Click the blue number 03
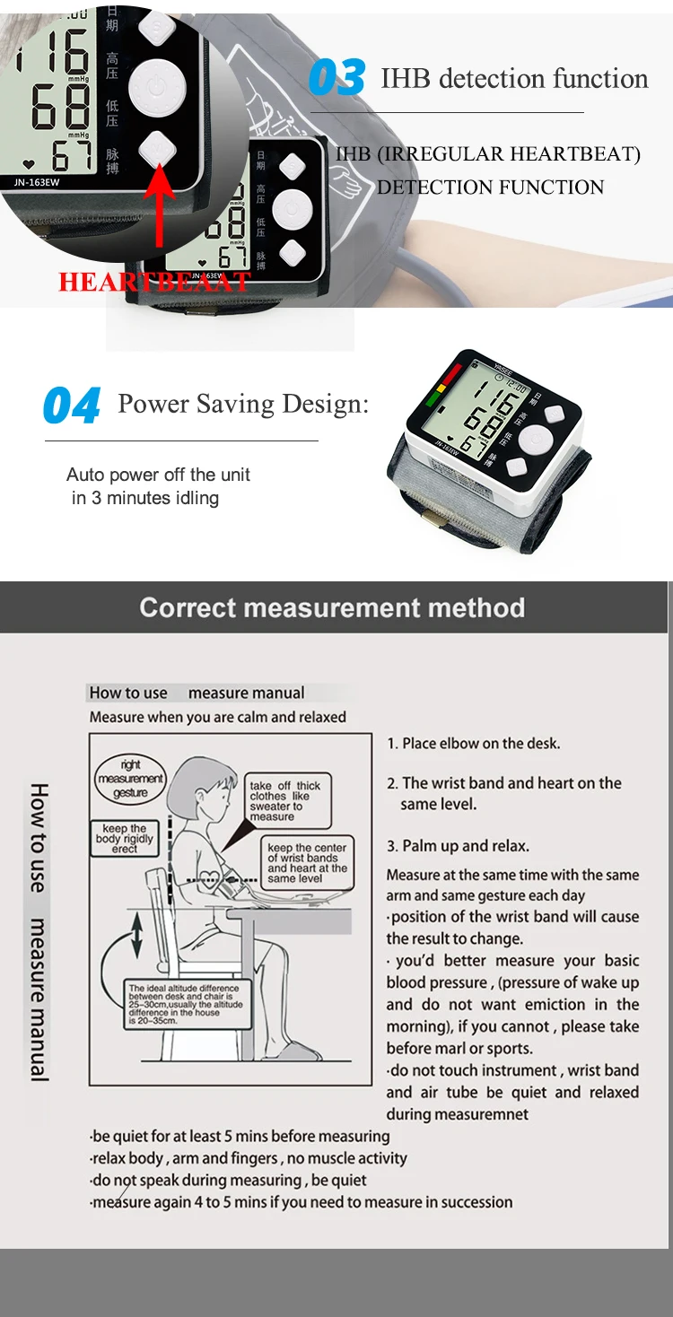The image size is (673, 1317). tap(337, 78)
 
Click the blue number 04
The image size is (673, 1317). tap(72, 406)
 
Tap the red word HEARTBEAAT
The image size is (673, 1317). tap(154, 282)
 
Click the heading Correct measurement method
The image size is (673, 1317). tap(332, 607)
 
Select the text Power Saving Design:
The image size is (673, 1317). tap(243, 404)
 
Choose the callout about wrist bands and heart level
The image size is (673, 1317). tap(307, 862)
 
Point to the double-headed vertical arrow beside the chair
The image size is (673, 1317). tap(136, 936)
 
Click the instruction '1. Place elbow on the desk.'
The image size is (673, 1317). tap(474, 743)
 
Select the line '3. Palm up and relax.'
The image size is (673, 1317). tap(458, 846)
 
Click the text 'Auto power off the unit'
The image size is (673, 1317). tap(159, 475)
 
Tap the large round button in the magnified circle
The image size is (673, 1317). tap(156, 89)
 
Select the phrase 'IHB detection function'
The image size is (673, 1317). tap(514, 78)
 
